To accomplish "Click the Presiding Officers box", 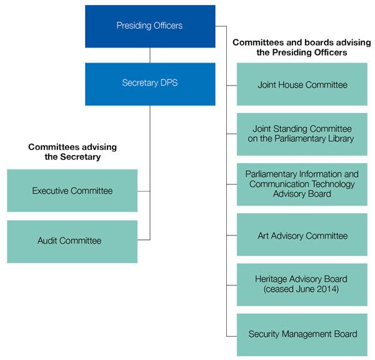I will click(150, 26).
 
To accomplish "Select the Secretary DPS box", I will click(150, 83).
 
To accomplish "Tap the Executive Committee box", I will click(72, 191).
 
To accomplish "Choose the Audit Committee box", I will click(72, 241).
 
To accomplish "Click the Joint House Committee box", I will click(302, 84).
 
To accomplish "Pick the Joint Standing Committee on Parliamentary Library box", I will click(302, 134).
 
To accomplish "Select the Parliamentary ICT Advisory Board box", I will click(302, 184).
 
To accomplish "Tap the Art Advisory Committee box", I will click(302, 236).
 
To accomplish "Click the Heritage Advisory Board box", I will click(302, 284).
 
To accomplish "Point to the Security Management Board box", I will click(302, 334).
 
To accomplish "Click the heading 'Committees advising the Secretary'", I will click(72, 152).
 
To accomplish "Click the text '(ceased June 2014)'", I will click(302, 290).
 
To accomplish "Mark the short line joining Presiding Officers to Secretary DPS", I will click(150, 55).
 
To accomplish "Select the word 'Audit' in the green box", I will click(48, 241).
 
